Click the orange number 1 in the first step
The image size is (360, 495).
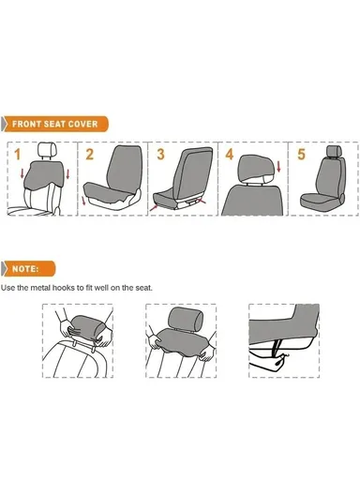18,155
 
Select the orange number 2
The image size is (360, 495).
90,155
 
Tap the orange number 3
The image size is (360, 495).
160,155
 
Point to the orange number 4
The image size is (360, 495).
230,155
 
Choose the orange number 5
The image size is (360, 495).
301,155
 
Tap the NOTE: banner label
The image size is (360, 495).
25,269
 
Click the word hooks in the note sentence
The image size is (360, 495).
64,288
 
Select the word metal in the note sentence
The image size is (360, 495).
40,288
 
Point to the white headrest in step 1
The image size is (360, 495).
47,149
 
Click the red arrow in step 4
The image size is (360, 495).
278,167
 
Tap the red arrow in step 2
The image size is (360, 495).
83,200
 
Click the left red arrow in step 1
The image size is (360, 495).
22,173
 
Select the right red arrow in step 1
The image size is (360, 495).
67,174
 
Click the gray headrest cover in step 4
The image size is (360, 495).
256,169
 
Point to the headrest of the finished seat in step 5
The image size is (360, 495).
334,151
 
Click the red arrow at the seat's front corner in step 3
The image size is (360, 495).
154,207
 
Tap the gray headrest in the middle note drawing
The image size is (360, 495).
186,320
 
